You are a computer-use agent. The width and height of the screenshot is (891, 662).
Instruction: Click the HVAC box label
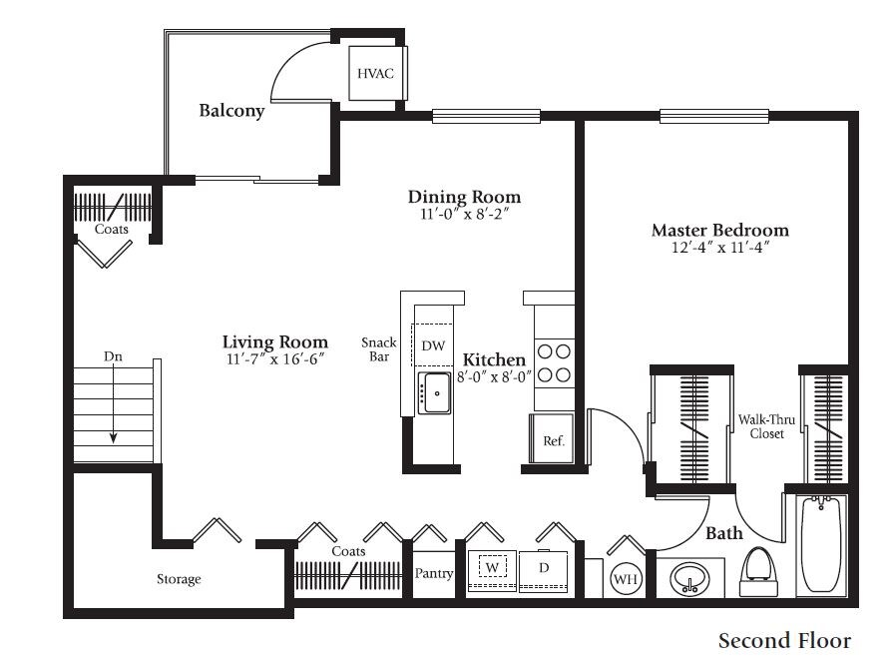click(376, 75)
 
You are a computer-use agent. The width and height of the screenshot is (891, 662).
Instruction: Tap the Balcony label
click(231, 111)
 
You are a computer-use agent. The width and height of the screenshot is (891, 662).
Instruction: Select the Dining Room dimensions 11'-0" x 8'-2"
click(465, 214)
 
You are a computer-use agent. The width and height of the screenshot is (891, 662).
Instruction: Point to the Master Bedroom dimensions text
click(719, 248)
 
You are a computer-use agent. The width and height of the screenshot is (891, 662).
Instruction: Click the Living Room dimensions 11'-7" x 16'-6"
click(274, 358)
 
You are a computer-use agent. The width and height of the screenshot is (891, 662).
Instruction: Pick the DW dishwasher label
click(432, 345)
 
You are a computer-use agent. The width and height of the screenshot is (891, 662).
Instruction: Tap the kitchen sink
click(434, 393)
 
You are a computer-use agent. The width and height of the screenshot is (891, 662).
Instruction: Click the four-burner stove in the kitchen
click(554, 363)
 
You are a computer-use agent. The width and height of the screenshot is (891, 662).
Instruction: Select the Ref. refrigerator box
click(553, 439)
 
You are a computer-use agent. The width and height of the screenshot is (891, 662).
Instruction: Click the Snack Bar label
click(379, 349)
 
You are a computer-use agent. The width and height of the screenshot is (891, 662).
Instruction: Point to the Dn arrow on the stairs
click(114, 399)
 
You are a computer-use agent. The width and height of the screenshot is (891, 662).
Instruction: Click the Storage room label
click(179, 579)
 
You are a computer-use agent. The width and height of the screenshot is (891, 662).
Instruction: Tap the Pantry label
click(434, 574)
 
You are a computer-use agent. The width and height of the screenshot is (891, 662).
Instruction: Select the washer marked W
click(491, 568)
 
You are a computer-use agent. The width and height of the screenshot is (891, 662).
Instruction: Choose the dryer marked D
click(544, 568)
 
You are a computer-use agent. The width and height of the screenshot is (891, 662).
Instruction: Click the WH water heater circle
click(624, 579)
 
